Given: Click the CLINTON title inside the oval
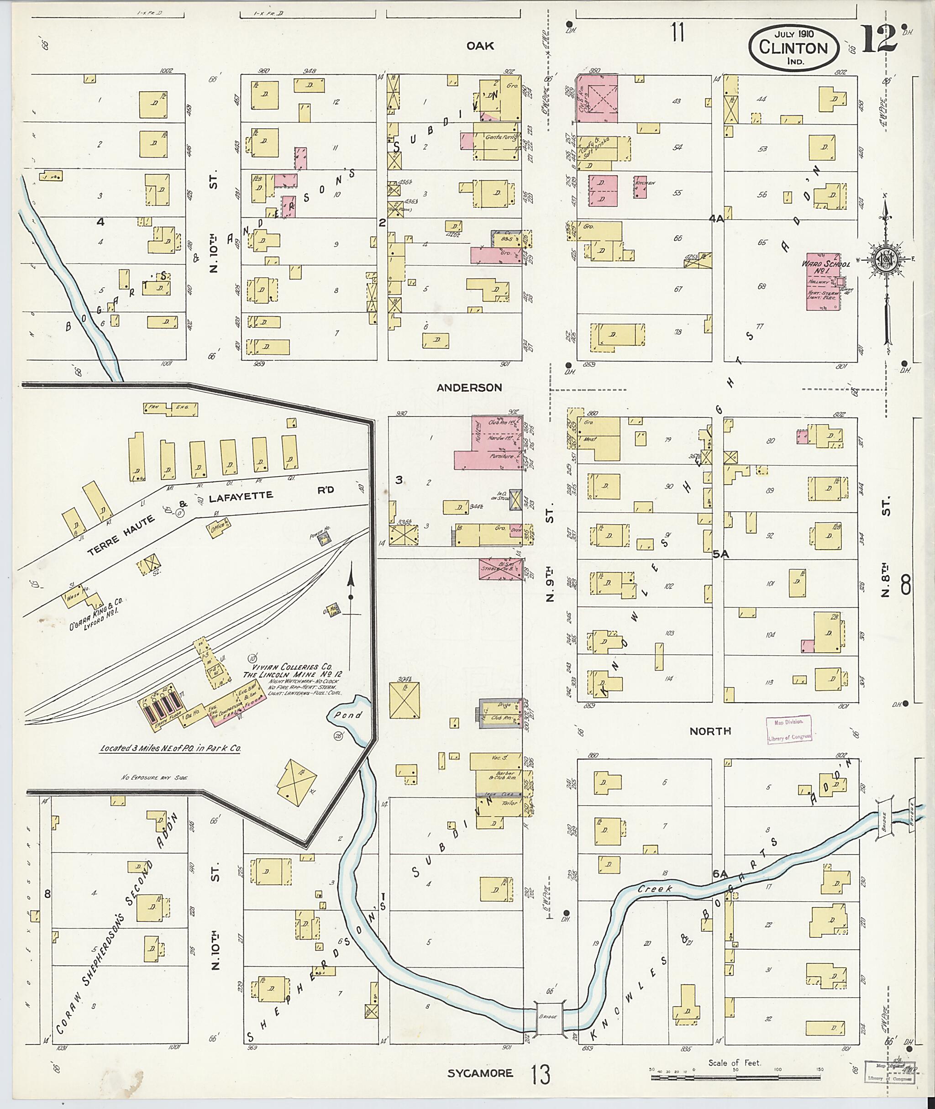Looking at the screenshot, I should click(x=793, y=47).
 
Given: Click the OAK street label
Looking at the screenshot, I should click(x=480, y=46).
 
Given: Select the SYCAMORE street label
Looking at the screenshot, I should click(x=480, y=1073).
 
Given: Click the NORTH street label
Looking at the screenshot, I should click(x=710, y=731).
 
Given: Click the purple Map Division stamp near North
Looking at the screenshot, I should click(x=788, y=729).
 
